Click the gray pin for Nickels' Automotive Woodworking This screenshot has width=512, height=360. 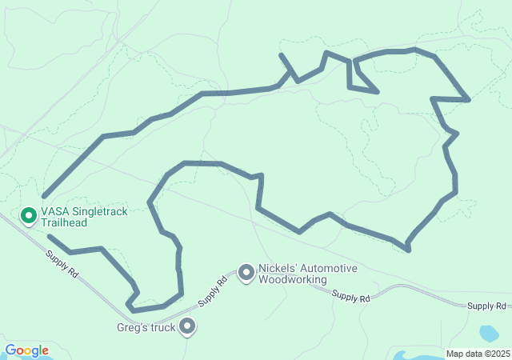tap(246, 274)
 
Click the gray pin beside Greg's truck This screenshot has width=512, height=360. tap(188, 326)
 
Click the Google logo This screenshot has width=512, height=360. tap(26, 350)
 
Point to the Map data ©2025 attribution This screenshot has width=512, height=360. tap(477, 354)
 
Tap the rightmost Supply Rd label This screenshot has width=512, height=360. tap(486, 306)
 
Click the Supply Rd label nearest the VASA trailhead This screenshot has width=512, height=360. tap(62, 264)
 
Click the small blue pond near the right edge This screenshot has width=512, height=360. tap(489, 333)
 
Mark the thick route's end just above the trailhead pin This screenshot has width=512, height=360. tap(43, 196)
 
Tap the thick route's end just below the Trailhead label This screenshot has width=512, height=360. tap(49, 236)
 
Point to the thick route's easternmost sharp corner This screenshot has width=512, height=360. tap(468, 100)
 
